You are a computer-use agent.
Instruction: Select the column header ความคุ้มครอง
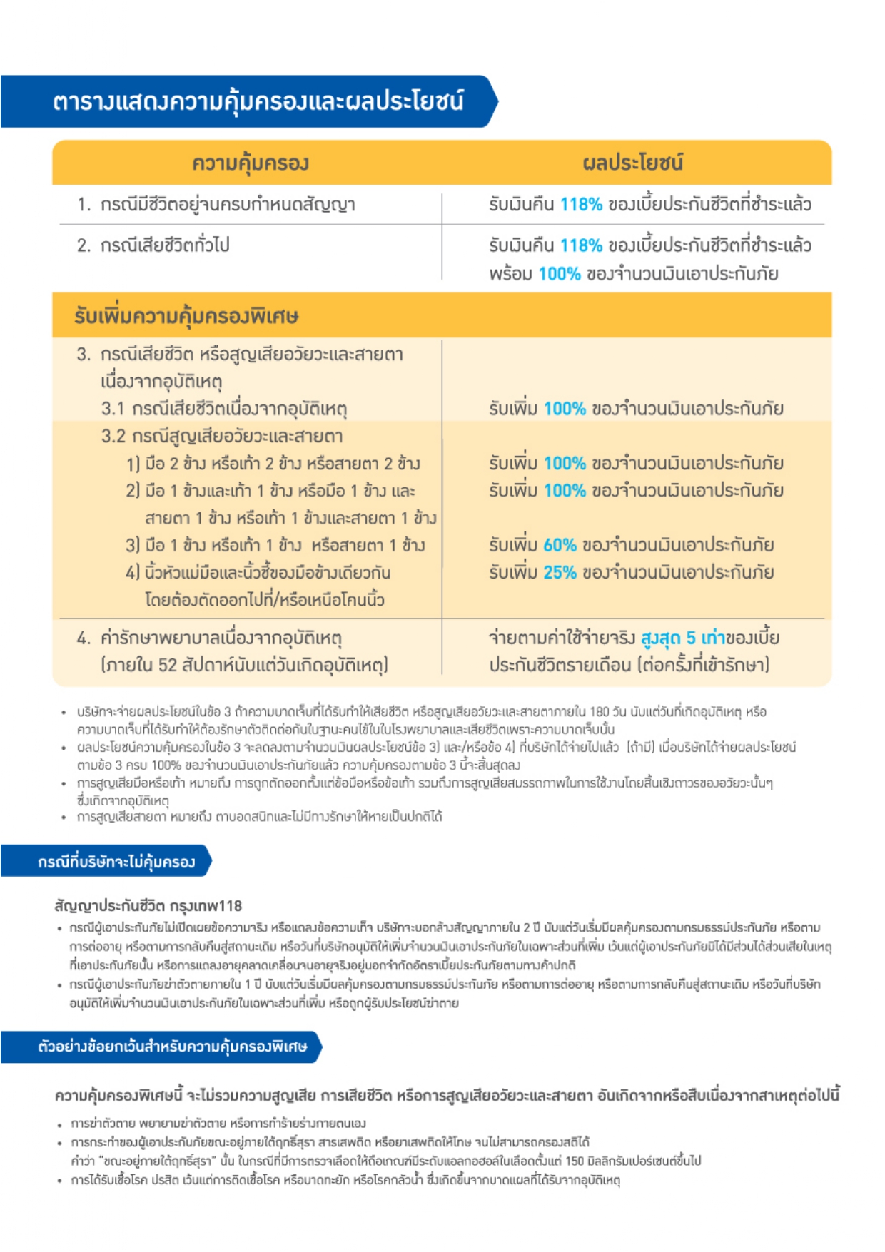point(250,163)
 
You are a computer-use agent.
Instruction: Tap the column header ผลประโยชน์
point(632,163)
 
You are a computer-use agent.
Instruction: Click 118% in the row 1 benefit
point(581,205)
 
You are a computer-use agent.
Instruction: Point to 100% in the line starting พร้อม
point(560,274)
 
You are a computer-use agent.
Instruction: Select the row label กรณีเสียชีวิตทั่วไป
point(164,245)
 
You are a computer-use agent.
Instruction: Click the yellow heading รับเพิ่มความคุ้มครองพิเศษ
point(186,316)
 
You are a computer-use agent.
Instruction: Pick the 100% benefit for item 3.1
point(565,409)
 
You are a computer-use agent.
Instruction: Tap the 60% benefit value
point(560,545)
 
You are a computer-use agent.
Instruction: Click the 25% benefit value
point(560,572)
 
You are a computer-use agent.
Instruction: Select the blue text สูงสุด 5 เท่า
point(682,638)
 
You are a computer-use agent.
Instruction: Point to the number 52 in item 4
point(167,666)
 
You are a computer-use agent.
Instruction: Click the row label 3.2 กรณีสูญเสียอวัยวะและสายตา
point(222,436)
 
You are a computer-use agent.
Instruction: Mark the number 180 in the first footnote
point(600,712)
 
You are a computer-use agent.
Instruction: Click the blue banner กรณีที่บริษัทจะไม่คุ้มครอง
point(116,862)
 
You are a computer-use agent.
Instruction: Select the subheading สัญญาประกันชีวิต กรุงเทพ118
point(148,906)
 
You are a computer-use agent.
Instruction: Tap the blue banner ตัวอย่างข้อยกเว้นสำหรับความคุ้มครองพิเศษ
point(172,1047)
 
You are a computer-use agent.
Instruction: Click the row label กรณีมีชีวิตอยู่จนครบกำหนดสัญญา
point(227,205)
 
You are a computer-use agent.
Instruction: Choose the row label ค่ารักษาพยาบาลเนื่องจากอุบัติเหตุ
point(221,638)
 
